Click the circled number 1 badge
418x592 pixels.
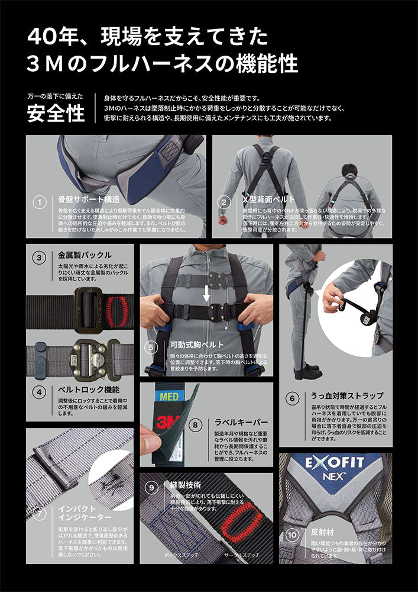pos(40,202)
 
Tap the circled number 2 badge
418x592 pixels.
pos(223,202)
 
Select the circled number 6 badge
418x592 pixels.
pos(291,398)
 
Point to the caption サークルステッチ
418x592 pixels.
pos(242,556)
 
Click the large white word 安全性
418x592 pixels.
pos(56,113)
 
